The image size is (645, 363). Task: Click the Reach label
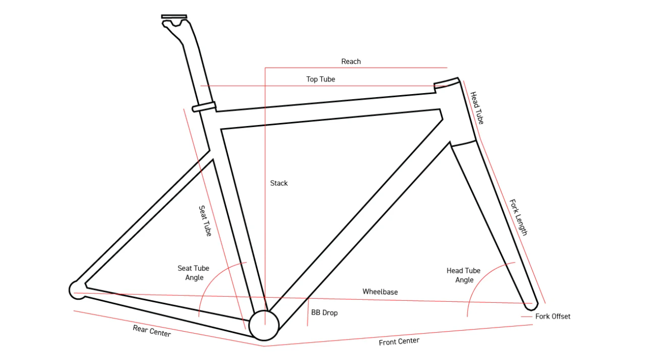tap(351, 61)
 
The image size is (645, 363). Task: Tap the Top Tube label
tap(320, 79)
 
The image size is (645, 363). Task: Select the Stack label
tap(279, 183)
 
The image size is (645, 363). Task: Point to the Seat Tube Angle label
tap(194, 273)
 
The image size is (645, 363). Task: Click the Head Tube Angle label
tap(463, 275)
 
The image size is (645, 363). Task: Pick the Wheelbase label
tap(380, 292)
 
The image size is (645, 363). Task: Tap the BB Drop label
tap(324, 313)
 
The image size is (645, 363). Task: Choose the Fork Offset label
tap(553, 316)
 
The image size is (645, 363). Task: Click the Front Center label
tap(399, 342)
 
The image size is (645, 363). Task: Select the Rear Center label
tap(152, 331)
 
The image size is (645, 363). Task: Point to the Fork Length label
tap(518, 218)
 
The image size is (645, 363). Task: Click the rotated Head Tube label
tap(477, 108)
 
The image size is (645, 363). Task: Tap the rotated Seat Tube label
tap(205, 221)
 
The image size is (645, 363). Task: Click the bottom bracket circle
tap(263, 325)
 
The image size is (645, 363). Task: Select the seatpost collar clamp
tap(204, 107)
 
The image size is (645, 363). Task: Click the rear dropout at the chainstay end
tap(77, 290)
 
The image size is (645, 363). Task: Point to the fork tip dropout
tap(533, 303)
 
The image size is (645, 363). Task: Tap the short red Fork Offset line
tap(527, 316)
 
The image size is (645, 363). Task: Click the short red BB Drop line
tap(308, 312)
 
